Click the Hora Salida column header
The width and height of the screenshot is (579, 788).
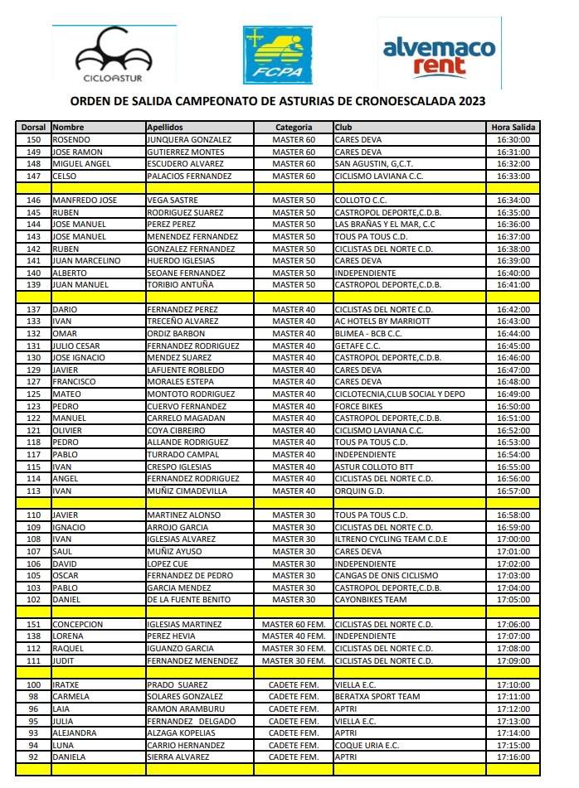[513, 128]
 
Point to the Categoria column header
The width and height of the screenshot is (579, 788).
[294, 128]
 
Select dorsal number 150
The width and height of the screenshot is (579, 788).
[34, 140]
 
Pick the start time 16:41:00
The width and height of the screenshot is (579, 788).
[513, 285]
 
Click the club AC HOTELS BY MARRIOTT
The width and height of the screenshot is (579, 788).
[382, 321]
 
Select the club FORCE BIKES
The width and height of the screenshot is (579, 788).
[359, 406]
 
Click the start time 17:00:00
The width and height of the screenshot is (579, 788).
[513, 539]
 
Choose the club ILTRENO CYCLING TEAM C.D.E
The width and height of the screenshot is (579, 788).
[391, 539]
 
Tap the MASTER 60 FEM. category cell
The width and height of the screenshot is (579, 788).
[294, 624]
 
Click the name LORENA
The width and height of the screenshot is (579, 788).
[70, 636]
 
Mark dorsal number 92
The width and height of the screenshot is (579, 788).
[34, 757]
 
